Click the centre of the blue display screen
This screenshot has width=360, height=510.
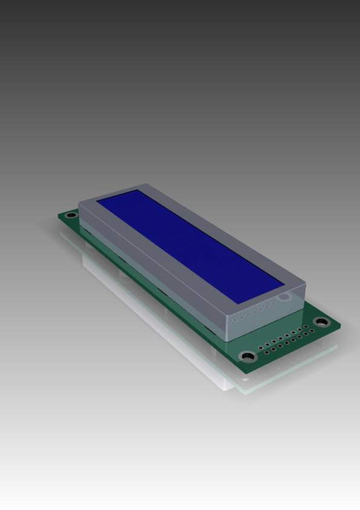190,242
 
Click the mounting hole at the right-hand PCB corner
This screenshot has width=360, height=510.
321,322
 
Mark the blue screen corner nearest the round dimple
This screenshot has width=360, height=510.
284,281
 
